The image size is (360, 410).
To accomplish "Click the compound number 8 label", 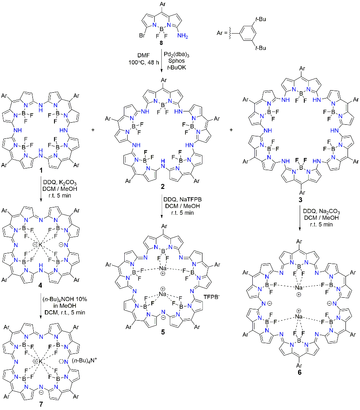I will [155, 43].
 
